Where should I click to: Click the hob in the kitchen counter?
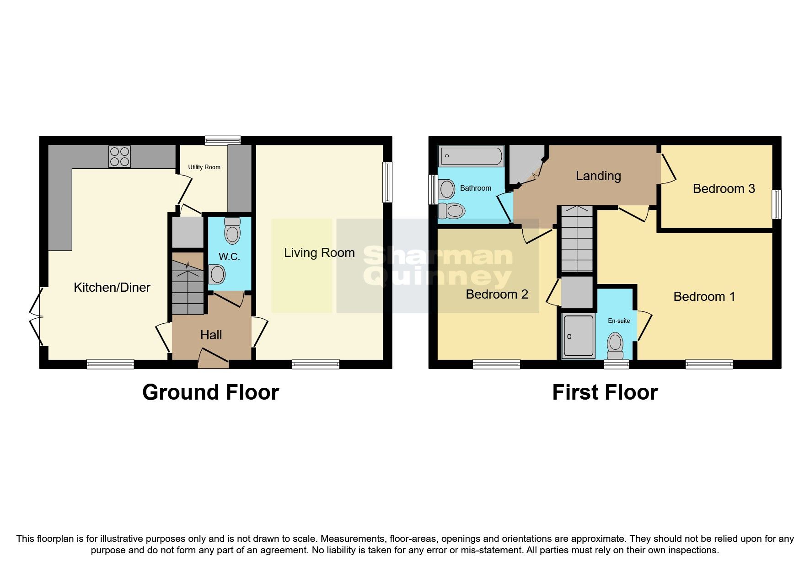pyautogui.click(x=119, y=156)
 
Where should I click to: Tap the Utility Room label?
pyautogui.click(x=204, y=167)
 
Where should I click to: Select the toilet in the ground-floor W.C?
pyautogui.click(x=232, y=231)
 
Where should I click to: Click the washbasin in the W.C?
pyautogui.click(x=217, y=275)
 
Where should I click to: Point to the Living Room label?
pyautogui.click(x=319, y=253)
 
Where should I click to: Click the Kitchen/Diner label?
pyautogui.click(x=112, y=288)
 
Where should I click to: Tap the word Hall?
pyautogui.click(x=211, y=335)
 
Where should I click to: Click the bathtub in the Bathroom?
pyautogui.click(x=471, y=156)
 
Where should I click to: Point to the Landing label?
pyautogui.click(x=598, y=176)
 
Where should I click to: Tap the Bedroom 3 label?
pyautogui.click(x=724, y=189)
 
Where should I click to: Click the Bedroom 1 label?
pyautogui.click(x=704, y=297)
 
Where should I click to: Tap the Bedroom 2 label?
pyautogui.click(x=497, y=294)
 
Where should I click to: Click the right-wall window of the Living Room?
pyautogui.click(x=387, y=182)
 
